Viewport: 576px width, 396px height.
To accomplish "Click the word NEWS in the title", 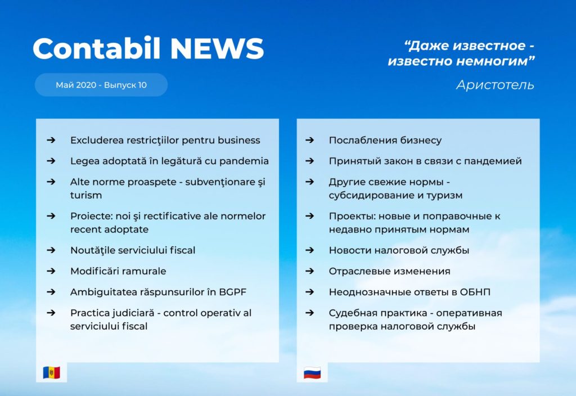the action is (217, 48).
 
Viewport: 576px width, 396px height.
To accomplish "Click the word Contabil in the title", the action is (97, 48).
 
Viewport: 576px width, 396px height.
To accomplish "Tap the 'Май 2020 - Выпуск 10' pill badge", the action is (101, 85).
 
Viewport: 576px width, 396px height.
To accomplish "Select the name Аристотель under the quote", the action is (495, 85).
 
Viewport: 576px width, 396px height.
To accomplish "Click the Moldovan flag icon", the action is (51, 372).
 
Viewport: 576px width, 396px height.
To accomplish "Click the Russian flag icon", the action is (312, 373).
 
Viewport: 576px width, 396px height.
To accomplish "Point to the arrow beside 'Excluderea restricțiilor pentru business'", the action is (51, 140).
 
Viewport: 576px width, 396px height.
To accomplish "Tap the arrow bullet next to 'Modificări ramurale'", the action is (51, 271).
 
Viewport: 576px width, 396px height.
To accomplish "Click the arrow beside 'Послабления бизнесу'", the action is (310, 140).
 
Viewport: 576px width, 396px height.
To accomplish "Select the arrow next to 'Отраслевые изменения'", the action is (310, 271).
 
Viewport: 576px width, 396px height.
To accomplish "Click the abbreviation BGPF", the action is (232, 292).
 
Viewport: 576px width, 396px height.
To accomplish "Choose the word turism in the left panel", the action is (86, 195).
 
